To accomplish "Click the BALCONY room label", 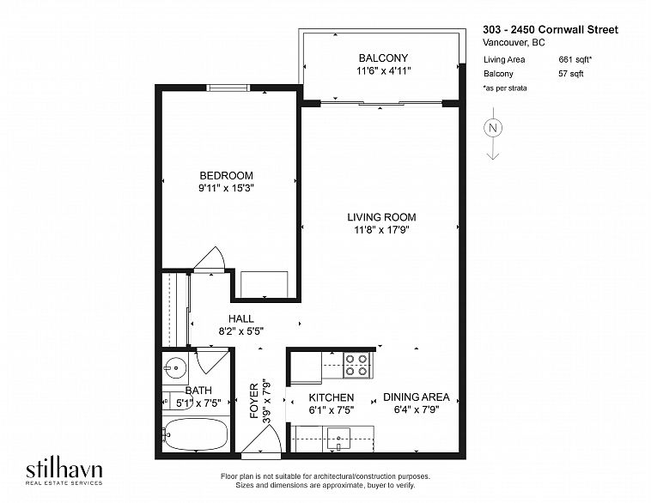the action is click(383, 58).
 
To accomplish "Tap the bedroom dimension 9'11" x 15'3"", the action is click(226, 188).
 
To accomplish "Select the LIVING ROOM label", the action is click(381, 217).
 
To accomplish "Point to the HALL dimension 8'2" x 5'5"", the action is click(241, 331).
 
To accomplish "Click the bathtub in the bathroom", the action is click(195, 434).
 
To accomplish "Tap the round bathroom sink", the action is click(175, 367).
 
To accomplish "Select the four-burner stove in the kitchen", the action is click(356, 365).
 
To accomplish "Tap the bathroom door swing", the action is click(212, 361).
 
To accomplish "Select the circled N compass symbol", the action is click(493, 128).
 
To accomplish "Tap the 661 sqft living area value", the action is click(575, 59).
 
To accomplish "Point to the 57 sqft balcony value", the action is click(571, 74).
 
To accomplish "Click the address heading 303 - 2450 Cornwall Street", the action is click(551, 29).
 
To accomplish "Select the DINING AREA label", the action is click(416, 397).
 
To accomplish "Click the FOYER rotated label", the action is click(254, 401).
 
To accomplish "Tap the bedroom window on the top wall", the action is click(228, 88).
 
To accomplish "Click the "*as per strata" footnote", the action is click(505, 88).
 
